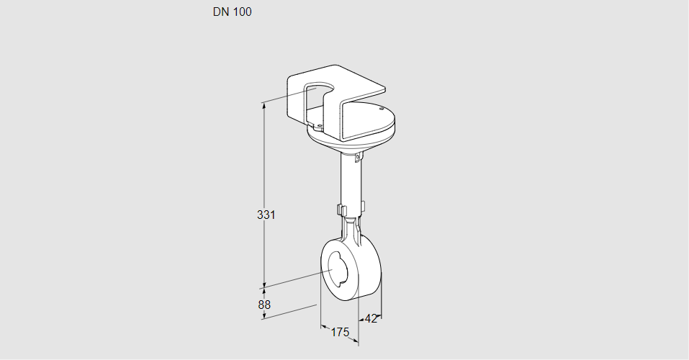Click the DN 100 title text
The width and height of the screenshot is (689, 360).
pos(232,12)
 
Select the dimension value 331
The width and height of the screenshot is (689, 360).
pos(266,215)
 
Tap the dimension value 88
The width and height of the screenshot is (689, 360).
pos(264,305)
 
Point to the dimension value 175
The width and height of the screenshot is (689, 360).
pos(340,332)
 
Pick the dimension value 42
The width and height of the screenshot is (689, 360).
pos(371,318)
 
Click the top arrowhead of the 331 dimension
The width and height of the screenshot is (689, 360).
pos(264,106)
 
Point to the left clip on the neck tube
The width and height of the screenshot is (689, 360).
pos(340,210)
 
